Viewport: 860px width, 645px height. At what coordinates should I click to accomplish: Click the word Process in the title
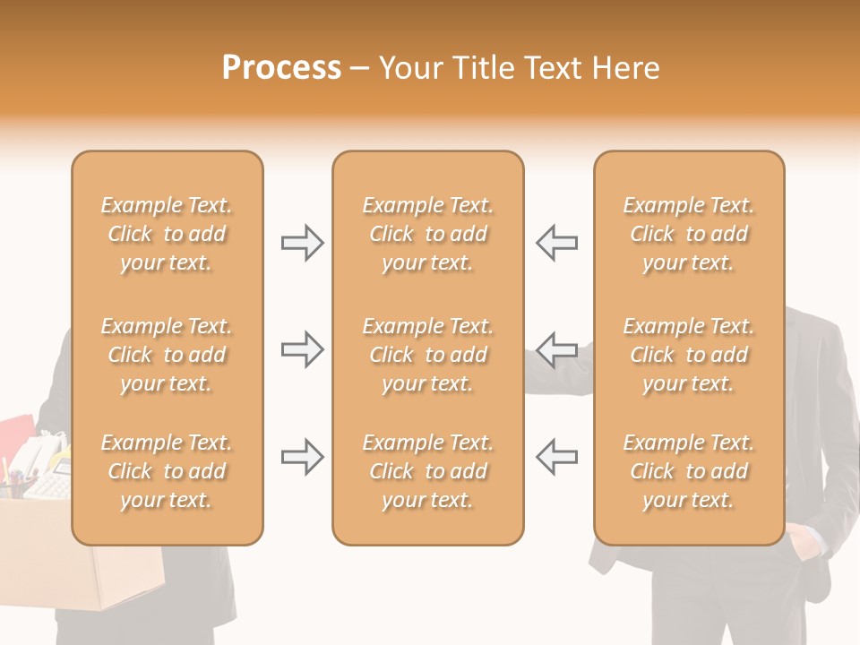tap(281, 68)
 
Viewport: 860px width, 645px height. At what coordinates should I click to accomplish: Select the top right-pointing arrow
tap(303, 243)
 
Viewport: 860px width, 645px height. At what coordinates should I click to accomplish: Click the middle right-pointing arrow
tap(303, 349)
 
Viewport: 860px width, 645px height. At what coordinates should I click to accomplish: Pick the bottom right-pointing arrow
tap(303, 457)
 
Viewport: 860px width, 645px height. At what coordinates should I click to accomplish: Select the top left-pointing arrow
tap(556, 243)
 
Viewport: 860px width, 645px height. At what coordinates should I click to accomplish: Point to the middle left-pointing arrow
tap(556, 349)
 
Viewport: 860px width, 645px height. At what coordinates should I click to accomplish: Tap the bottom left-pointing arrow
tap(556, 457)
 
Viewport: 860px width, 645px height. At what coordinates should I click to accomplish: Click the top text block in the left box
tap(167, 234)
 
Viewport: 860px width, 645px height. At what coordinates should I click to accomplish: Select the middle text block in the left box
tap(167, 355)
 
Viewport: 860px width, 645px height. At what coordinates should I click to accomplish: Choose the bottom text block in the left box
tap(167, 471)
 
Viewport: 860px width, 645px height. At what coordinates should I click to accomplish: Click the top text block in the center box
tap(428, 234)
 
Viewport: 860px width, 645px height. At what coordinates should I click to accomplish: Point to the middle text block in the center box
tap(428, 355)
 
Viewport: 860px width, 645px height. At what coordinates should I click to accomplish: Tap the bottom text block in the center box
tap(428, 471)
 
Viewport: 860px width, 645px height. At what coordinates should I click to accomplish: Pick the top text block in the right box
tap(689, 234)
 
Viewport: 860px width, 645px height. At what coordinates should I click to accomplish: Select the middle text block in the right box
tap(689, 355)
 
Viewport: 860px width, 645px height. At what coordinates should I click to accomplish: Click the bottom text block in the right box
tap(689, 471)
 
